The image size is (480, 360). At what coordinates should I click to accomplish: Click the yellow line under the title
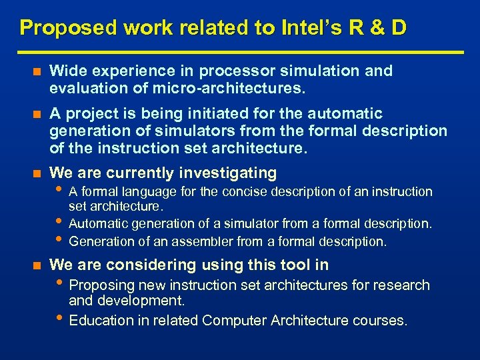coord(240,52)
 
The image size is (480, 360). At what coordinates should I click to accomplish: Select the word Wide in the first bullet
coord(65,71)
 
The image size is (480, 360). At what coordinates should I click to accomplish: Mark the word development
coord(141,301)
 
